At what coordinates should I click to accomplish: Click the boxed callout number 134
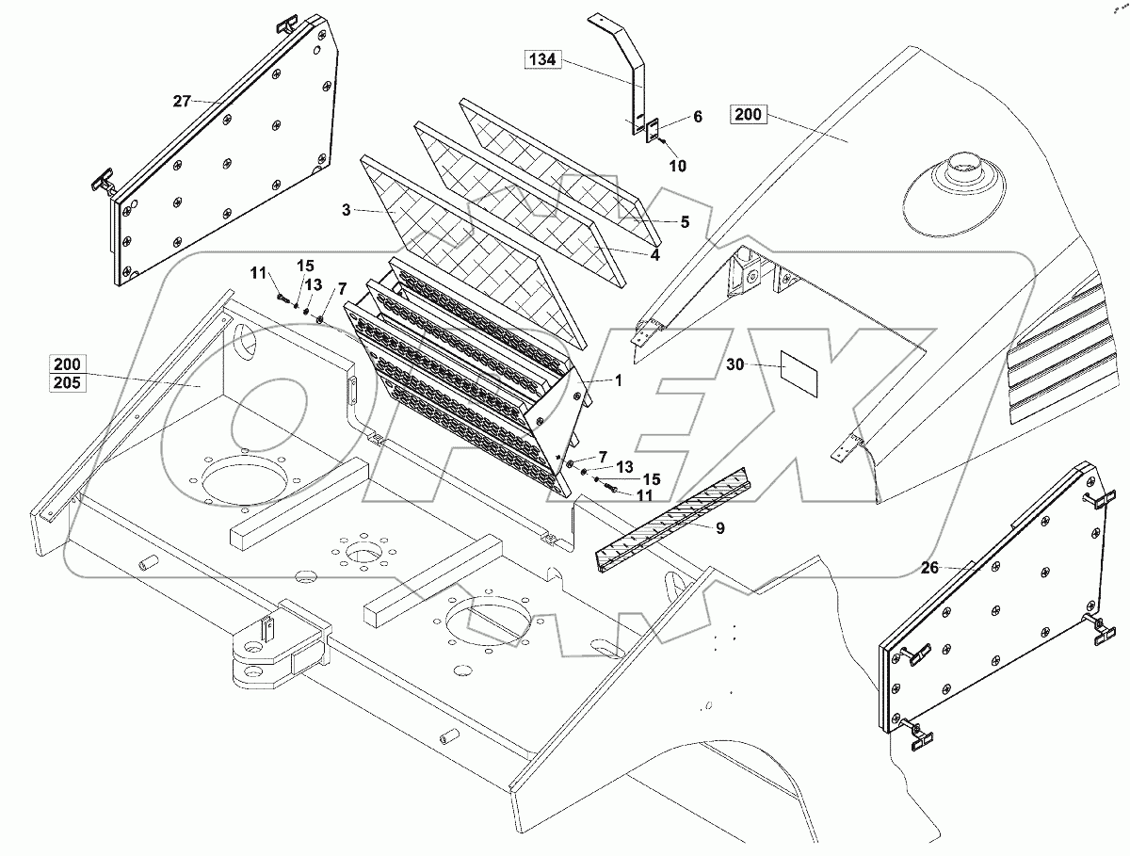pos(543,60)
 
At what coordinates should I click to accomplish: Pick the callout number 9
pos(719,529)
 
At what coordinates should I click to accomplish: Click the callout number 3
pos(347,210)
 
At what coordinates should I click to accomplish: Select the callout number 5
pos(686,222)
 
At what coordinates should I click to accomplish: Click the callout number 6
pos(697,117)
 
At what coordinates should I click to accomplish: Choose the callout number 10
pos(677,166)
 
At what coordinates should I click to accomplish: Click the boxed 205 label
pos(67,382)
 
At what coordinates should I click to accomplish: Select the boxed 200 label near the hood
pos(749,116)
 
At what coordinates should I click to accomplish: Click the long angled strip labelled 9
pos(669,518)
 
